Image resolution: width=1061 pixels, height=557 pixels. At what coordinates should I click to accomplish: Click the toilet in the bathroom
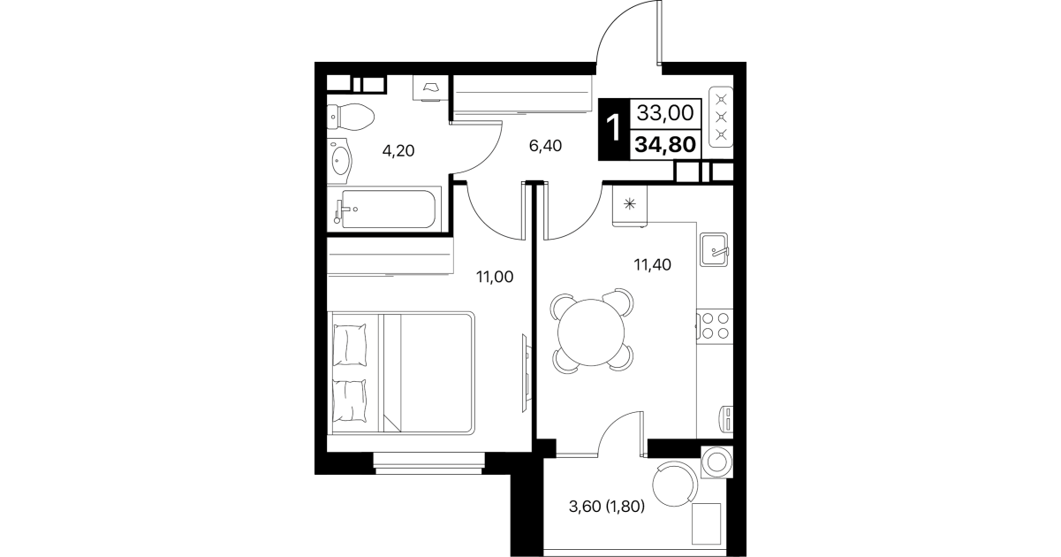pyautogui.click(x=351, y=117)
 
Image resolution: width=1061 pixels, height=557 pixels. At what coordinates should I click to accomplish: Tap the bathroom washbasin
pyautogui.click(x=340, y=161)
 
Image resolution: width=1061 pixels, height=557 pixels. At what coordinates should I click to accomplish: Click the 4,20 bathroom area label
pyautogui.click(x=398, y=151)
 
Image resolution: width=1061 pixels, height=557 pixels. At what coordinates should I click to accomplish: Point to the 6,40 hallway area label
pyautogui.click(x=545, y=146)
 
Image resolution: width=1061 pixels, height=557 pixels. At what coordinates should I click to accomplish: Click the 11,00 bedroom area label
pyautogui.click(x=495, y=277)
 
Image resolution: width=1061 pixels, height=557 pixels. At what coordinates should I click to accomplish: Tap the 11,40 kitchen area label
pyautogui.click(x=652, y=264)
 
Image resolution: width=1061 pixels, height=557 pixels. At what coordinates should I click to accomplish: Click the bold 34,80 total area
pyautogui.click(x=665, y=144)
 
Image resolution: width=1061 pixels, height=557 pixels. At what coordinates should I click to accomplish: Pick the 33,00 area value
pyautogui.click(x=665, y=113)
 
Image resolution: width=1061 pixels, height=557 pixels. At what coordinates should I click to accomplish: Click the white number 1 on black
pyautogui.click(x=614, y=128)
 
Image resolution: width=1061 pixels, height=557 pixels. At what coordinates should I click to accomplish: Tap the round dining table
pyautogui.click(x=591, y=332)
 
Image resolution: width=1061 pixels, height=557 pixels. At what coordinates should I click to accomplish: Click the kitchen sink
pyautogui.click(x=714, y=249)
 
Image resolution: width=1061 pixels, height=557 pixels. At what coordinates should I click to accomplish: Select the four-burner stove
pyautogui.click(x=715, y=326)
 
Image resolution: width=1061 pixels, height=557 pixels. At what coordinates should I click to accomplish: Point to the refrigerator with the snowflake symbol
pyautogui.click(x=630, y=205)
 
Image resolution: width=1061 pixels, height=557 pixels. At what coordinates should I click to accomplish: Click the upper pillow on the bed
pyautogui.click(x=350, y=345)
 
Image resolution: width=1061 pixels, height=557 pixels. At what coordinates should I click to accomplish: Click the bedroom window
pyautogui.click(x=428, y=463)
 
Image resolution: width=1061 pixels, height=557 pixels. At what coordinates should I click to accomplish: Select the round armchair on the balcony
pyautogui.click(x=675, y=485)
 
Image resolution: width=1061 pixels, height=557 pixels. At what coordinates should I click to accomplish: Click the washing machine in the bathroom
pyautogui.click(x=430, y=88)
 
